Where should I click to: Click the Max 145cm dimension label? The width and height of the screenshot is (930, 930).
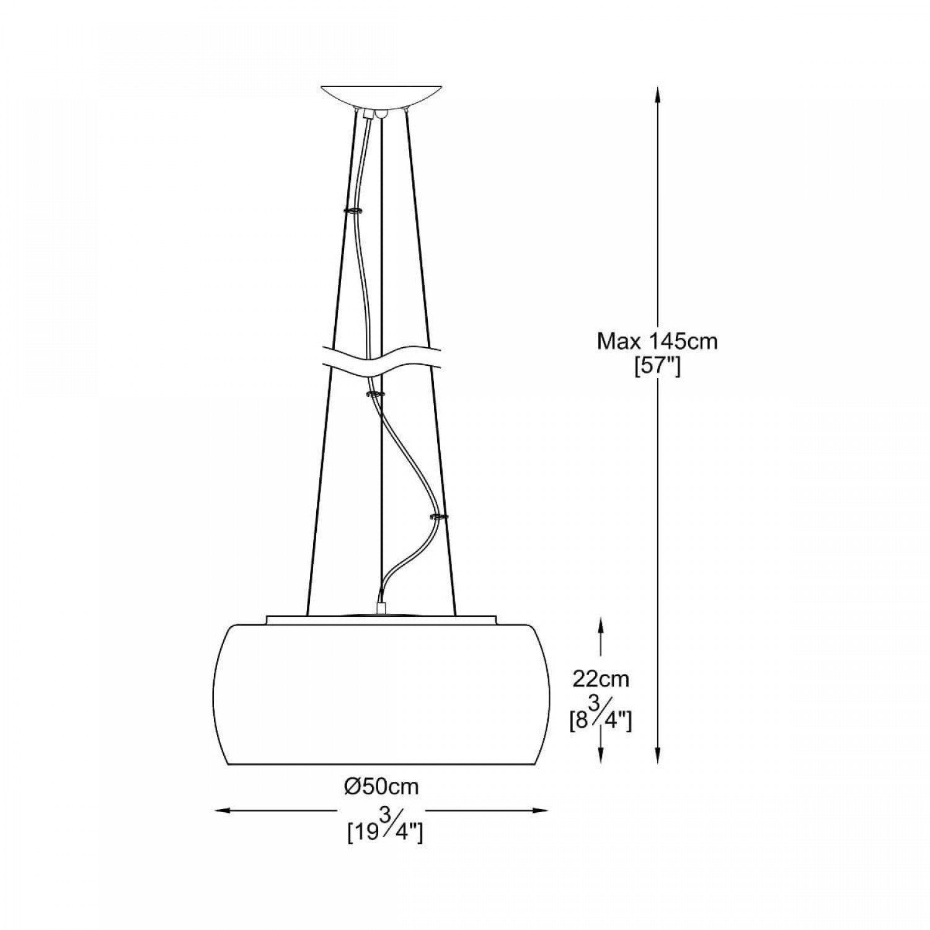click(x=657, y=341)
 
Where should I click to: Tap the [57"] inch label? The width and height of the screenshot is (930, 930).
click(x=657, y=367)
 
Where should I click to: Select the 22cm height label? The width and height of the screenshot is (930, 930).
click(x=600, y=679)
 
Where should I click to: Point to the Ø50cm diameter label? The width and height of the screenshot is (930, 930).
click(x=382, y=787)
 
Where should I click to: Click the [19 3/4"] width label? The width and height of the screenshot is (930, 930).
click(x=385, y=830)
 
